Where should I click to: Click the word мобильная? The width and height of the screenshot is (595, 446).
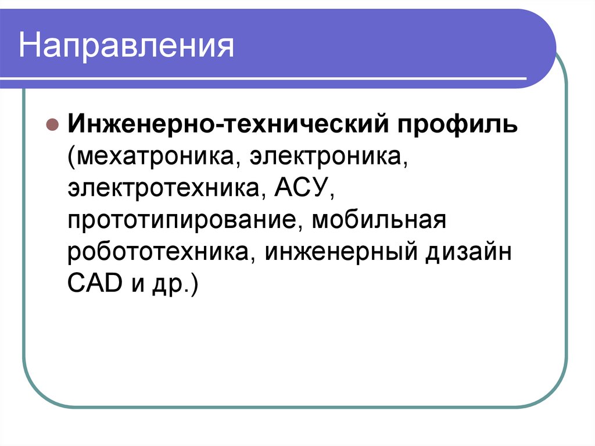point(378,222)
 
